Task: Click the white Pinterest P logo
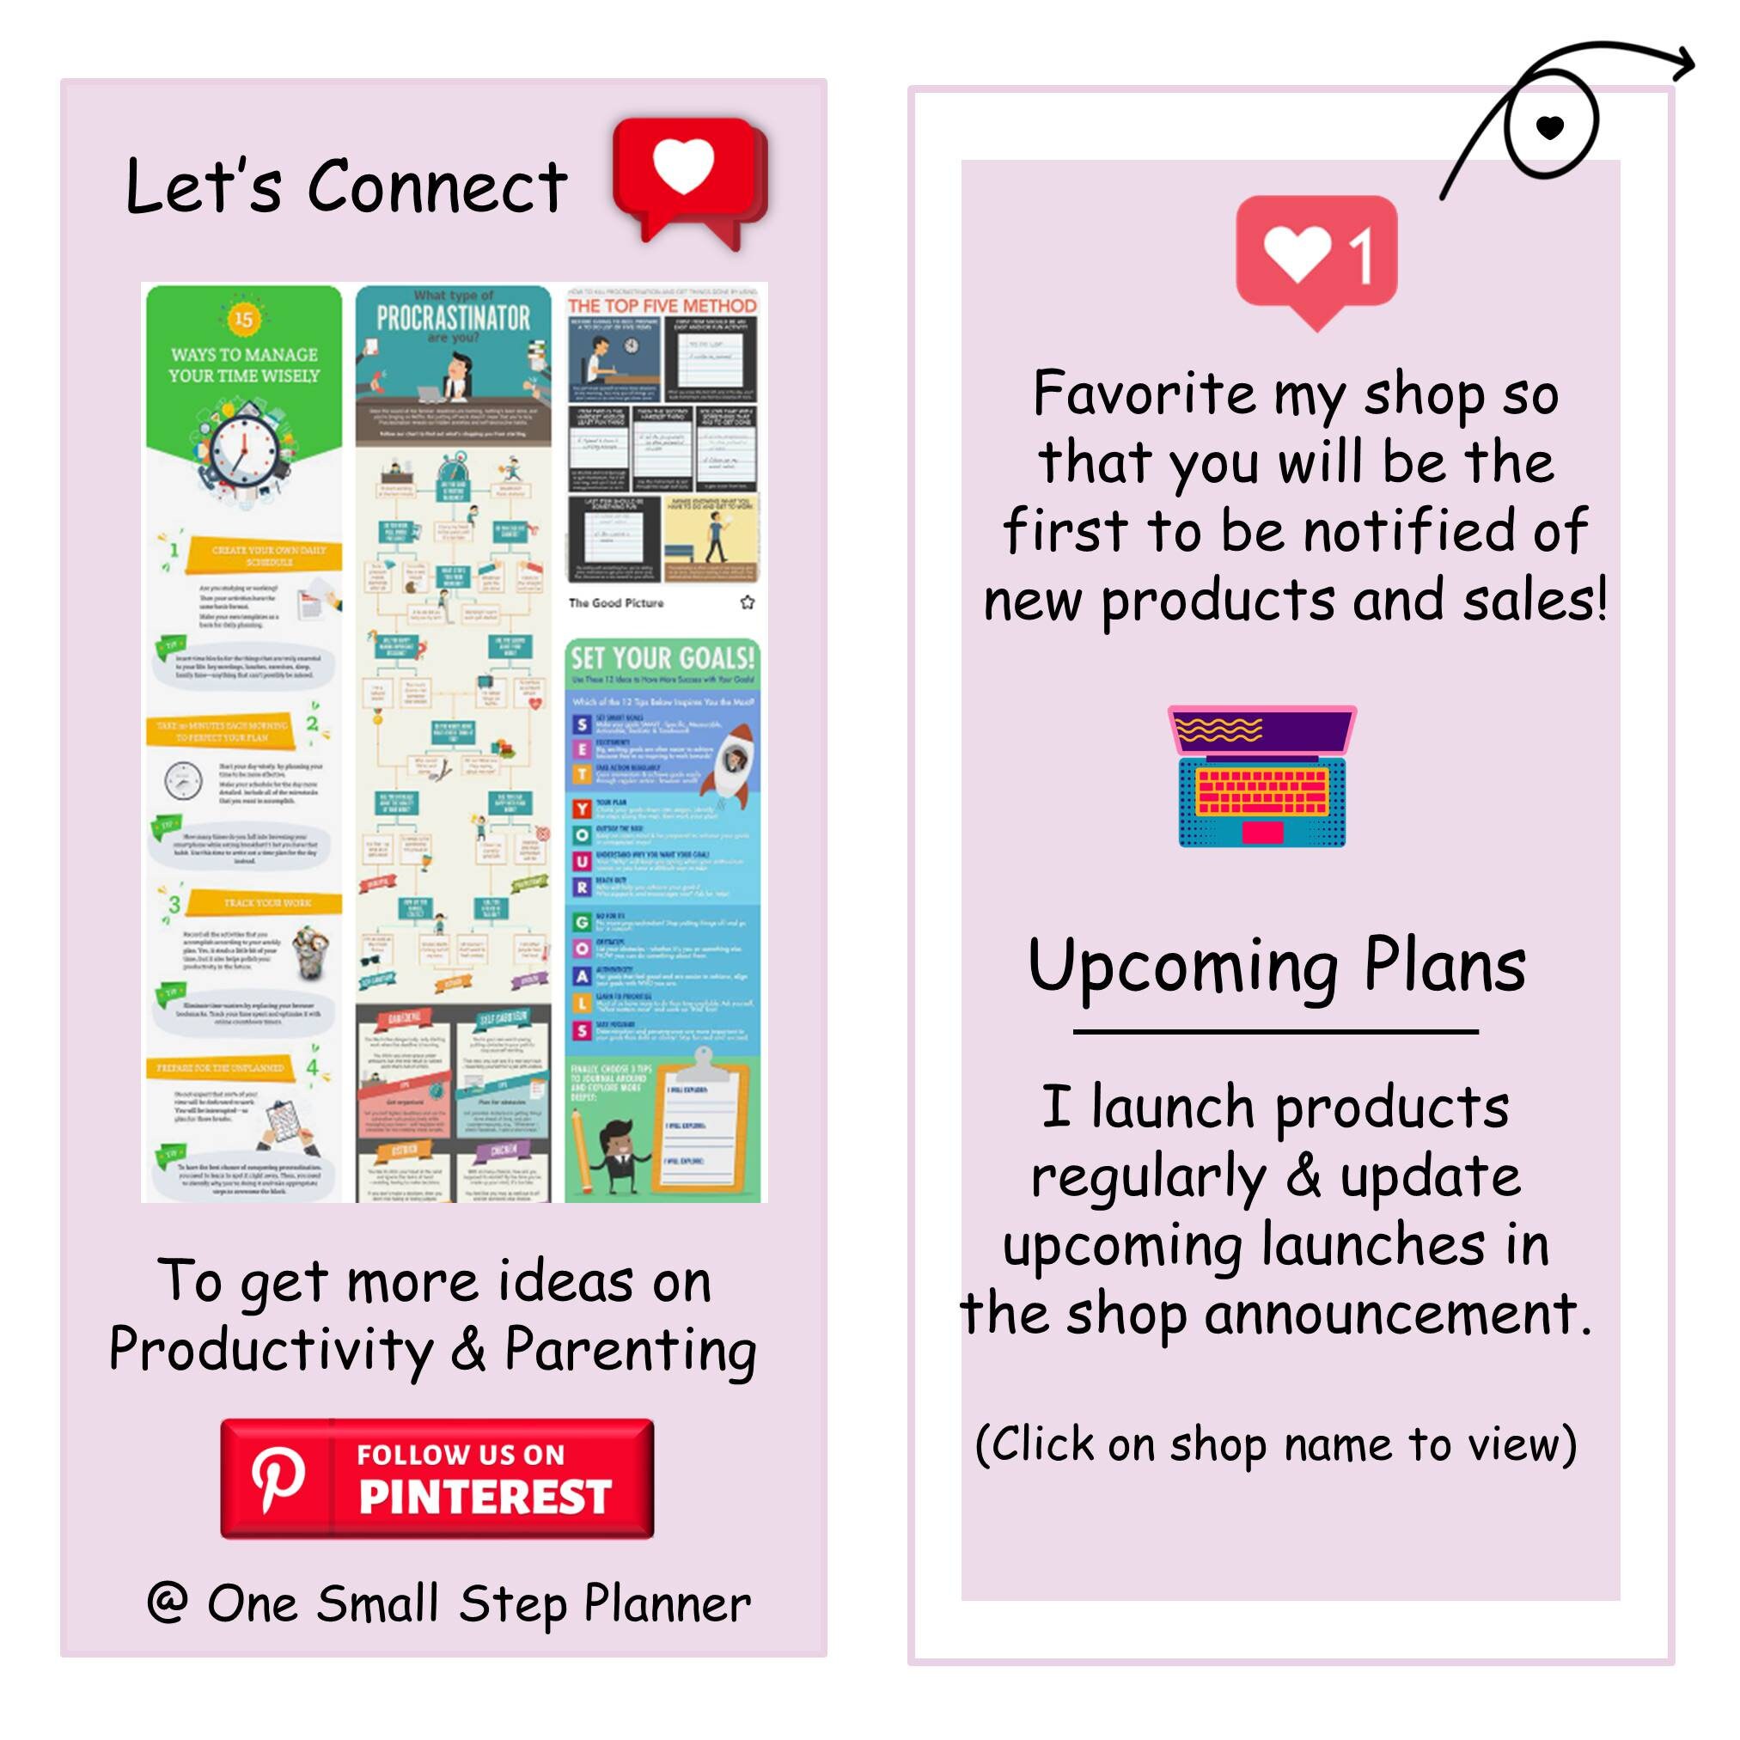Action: tap(278, 1479)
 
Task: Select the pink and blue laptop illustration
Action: tap(1261, 776)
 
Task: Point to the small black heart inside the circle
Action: tap(1549, 127)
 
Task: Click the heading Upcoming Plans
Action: tap(1276, 967)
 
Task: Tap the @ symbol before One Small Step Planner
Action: tap(168, 1603)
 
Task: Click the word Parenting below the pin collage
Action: tap(630, 1351)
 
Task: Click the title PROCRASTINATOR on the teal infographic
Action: tap(453, 318)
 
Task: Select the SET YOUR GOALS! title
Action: tap(662, 658)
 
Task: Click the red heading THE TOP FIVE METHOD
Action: tap(662, 306)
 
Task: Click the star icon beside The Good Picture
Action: tap(747, 602)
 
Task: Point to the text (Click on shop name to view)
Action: tap(1275, 1444)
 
